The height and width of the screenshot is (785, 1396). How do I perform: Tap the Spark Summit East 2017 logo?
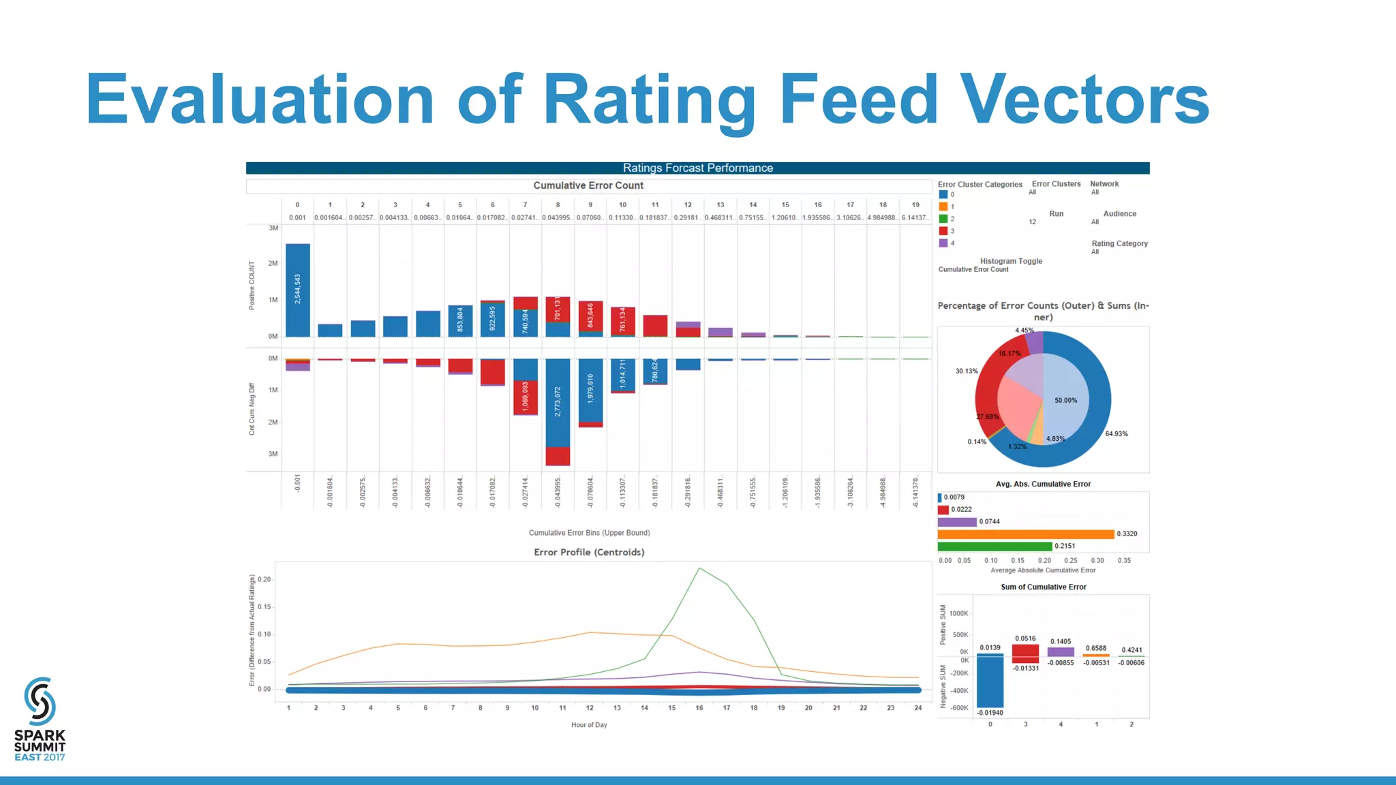(40, 719)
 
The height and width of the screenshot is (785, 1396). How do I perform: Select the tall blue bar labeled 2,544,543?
(298, 290)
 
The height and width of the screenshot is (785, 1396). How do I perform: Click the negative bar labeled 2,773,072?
(558, 402)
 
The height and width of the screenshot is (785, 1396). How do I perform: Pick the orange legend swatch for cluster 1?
(943, 206)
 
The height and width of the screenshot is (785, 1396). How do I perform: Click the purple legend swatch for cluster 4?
(943, 243)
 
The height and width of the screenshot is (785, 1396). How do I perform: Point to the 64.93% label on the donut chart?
(1116, 434)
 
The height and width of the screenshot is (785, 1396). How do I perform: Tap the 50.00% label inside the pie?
(1065, 401)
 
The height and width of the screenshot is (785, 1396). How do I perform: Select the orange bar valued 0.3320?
(1025, 534)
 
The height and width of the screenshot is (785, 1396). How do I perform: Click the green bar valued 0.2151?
(995, 547)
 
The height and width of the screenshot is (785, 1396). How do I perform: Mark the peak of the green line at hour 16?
(699, 568)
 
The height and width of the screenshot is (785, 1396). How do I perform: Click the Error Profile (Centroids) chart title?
(589, 553)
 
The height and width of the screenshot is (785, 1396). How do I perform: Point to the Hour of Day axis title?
(589, 725)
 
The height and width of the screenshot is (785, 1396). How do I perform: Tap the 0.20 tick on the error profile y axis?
(264, 580)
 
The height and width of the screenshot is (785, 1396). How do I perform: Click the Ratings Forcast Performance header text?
(697, 168)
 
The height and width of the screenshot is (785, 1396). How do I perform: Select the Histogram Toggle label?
(1011, 262)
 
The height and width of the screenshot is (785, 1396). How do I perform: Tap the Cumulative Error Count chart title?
(588, 185)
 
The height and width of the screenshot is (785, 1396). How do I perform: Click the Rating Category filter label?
(1119, 244)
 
